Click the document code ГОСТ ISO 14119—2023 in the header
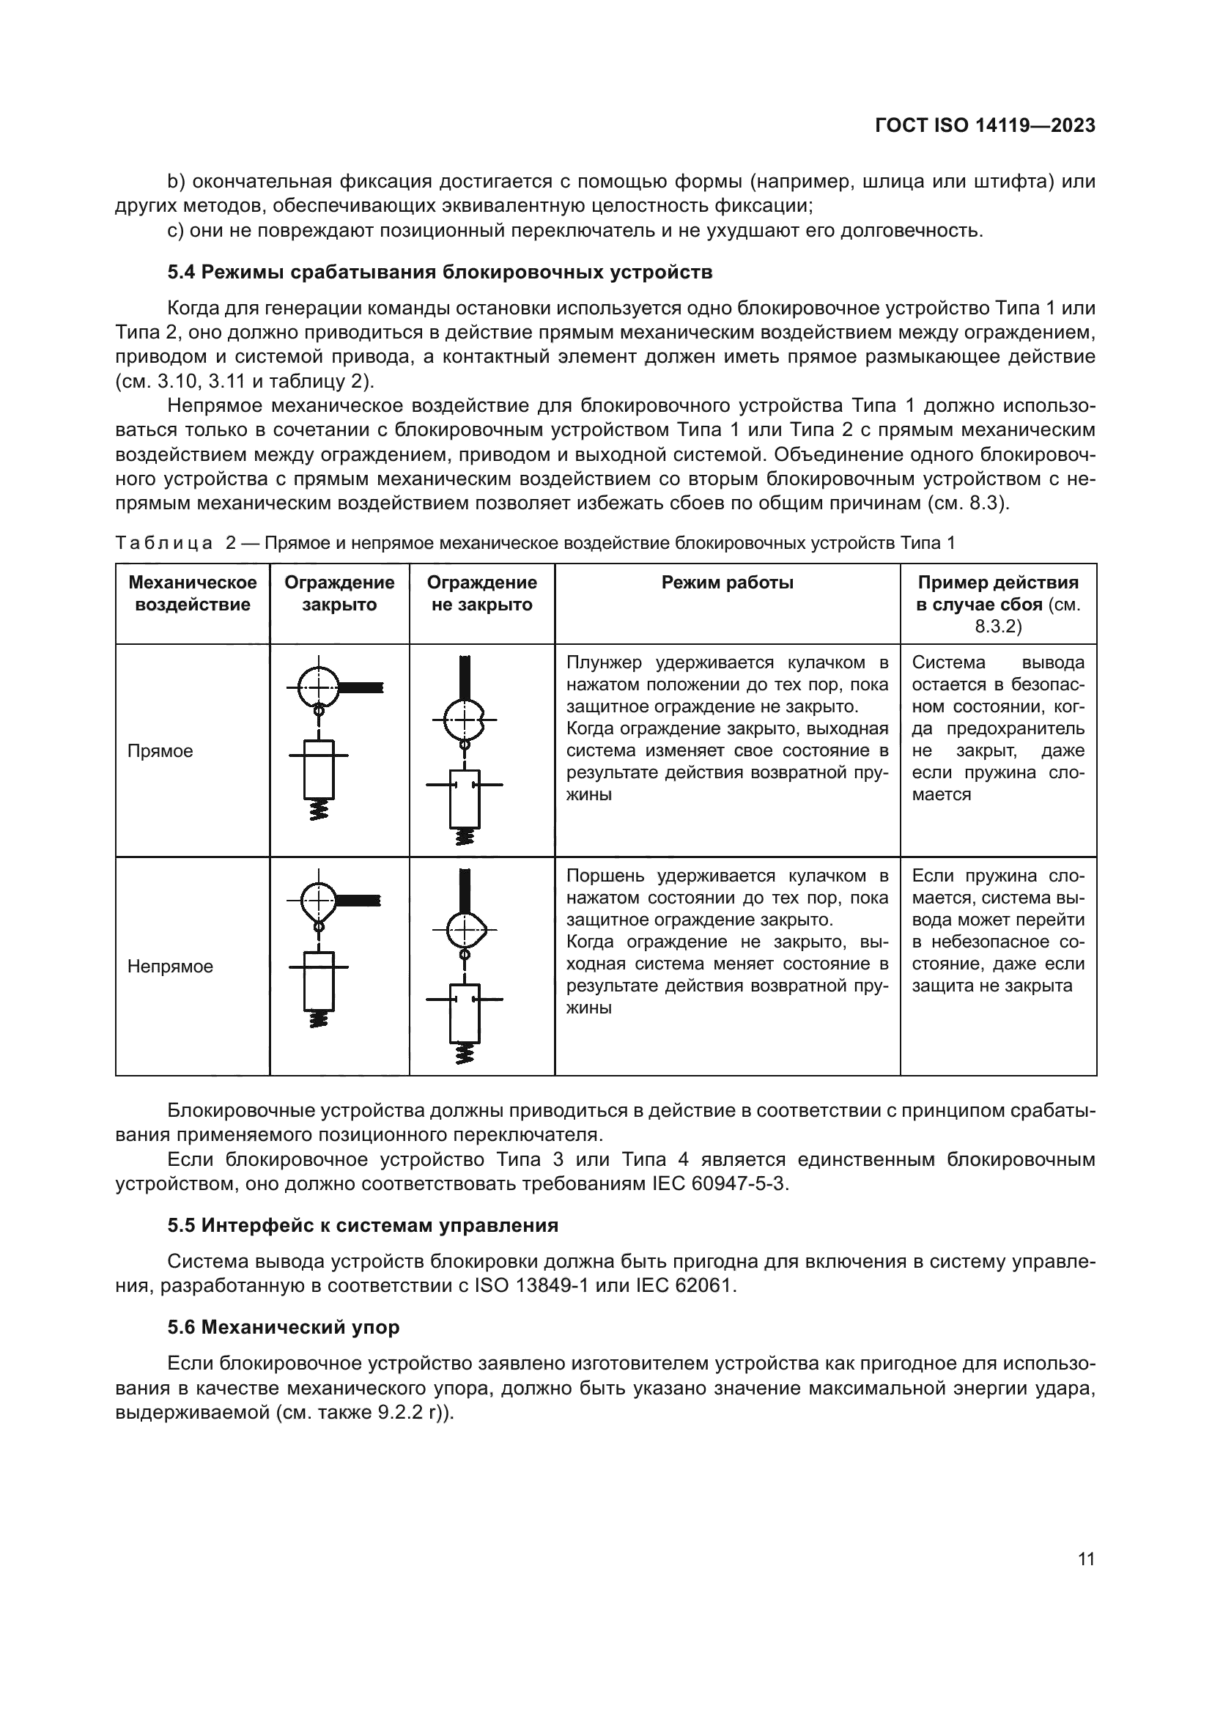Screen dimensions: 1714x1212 pyautogui.click(x=984, y=125)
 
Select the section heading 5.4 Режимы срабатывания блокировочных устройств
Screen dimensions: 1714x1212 pyautogui.click(x=440, y=273)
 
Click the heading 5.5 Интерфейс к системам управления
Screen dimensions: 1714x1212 pyautogui.click(x=363, y=1225)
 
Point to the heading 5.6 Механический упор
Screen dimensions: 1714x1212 pyautogui.click(x=283, y=1326)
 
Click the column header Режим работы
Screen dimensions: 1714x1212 pyautogui.click(x=727, y=583)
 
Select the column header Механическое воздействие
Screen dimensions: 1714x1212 pyautogui.click(x=193, y=594)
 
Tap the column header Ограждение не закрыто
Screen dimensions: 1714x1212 pyautogui.click(x=481, y=594)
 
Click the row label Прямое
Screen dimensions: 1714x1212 pyautogui.click(x=160, y=751)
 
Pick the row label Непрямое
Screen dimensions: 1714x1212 pyautogui.click(x=170, y=966)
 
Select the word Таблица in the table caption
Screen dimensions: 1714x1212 pyautogui.click(x=164, y=544)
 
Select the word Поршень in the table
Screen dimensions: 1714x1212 pyautogui.click(x=606, y=876)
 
